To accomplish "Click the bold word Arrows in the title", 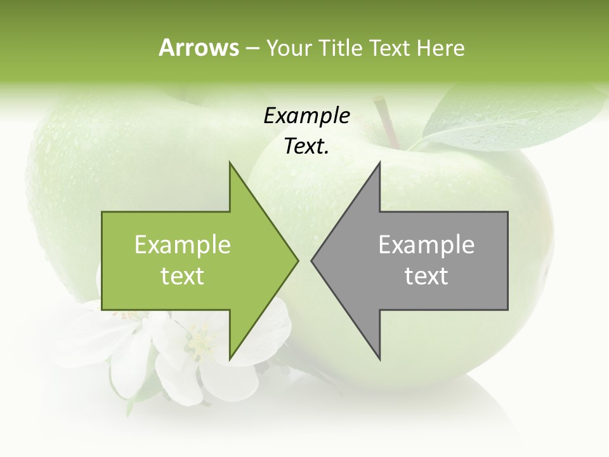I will [x=199, y=48].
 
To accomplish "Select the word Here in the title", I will [x=440, y=48].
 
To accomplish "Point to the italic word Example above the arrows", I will [x=306, y=116].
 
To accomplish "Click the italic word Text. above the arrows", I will [x=306, y=146].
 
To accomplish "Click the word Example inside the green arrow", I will [x=183, y=245].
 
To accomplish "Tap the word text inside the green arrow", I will [x=183, y=276].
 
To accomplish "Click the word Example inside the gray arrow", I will [x=426, y=245].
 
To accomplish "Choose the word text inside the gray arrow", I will [x=426, y=276].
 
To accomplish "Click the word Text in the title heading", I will [x=388, y=48].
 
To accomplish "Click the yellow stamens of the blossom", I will [x=200, y=341].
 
